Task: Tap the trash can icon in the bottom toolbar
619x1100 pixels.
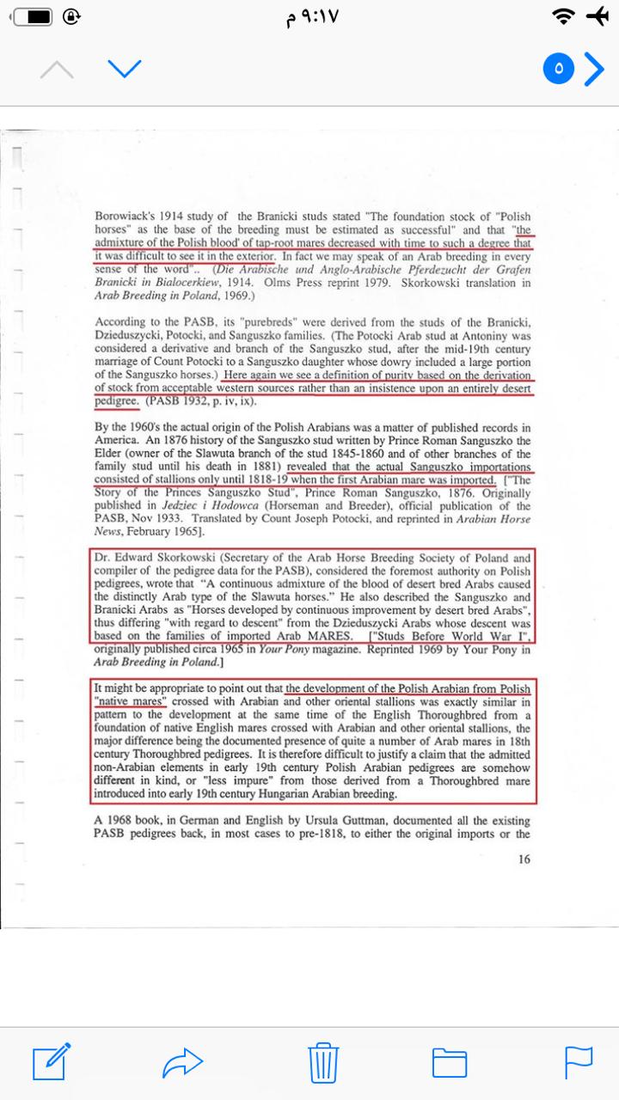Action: point(324,1064)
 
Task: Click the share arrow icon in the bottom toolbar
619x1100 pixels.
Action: point(181,1064)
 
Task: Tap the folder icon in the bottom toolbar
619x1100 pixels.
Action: point(449,1064)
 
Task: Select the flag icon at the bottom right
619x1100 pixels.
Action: point(579,1063)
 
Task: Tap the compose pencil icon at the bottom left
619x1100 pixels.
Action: point(51,1062)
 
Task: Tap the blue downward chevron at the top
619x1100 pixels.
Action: point(125,69)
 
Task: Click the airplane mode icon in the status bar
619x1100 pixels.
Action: point(596,16)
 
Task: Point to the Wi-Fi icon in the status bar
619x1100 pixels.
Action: point(564,16)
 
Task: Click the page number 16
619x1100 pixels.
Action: point(524,859)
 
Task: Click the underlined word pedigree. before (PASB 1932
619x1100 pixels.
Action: point(116,401)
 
